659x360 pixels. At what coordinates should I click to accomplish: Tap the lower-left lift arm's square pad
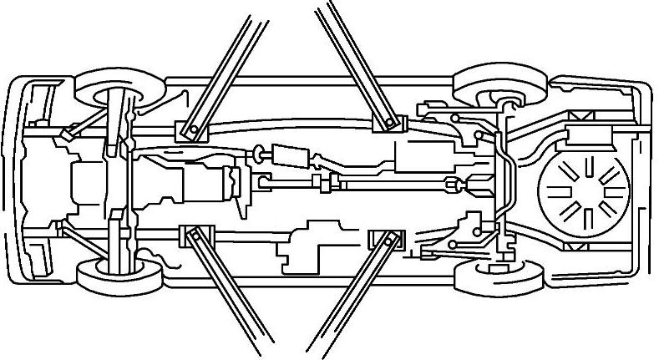(x=191, y=235)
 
